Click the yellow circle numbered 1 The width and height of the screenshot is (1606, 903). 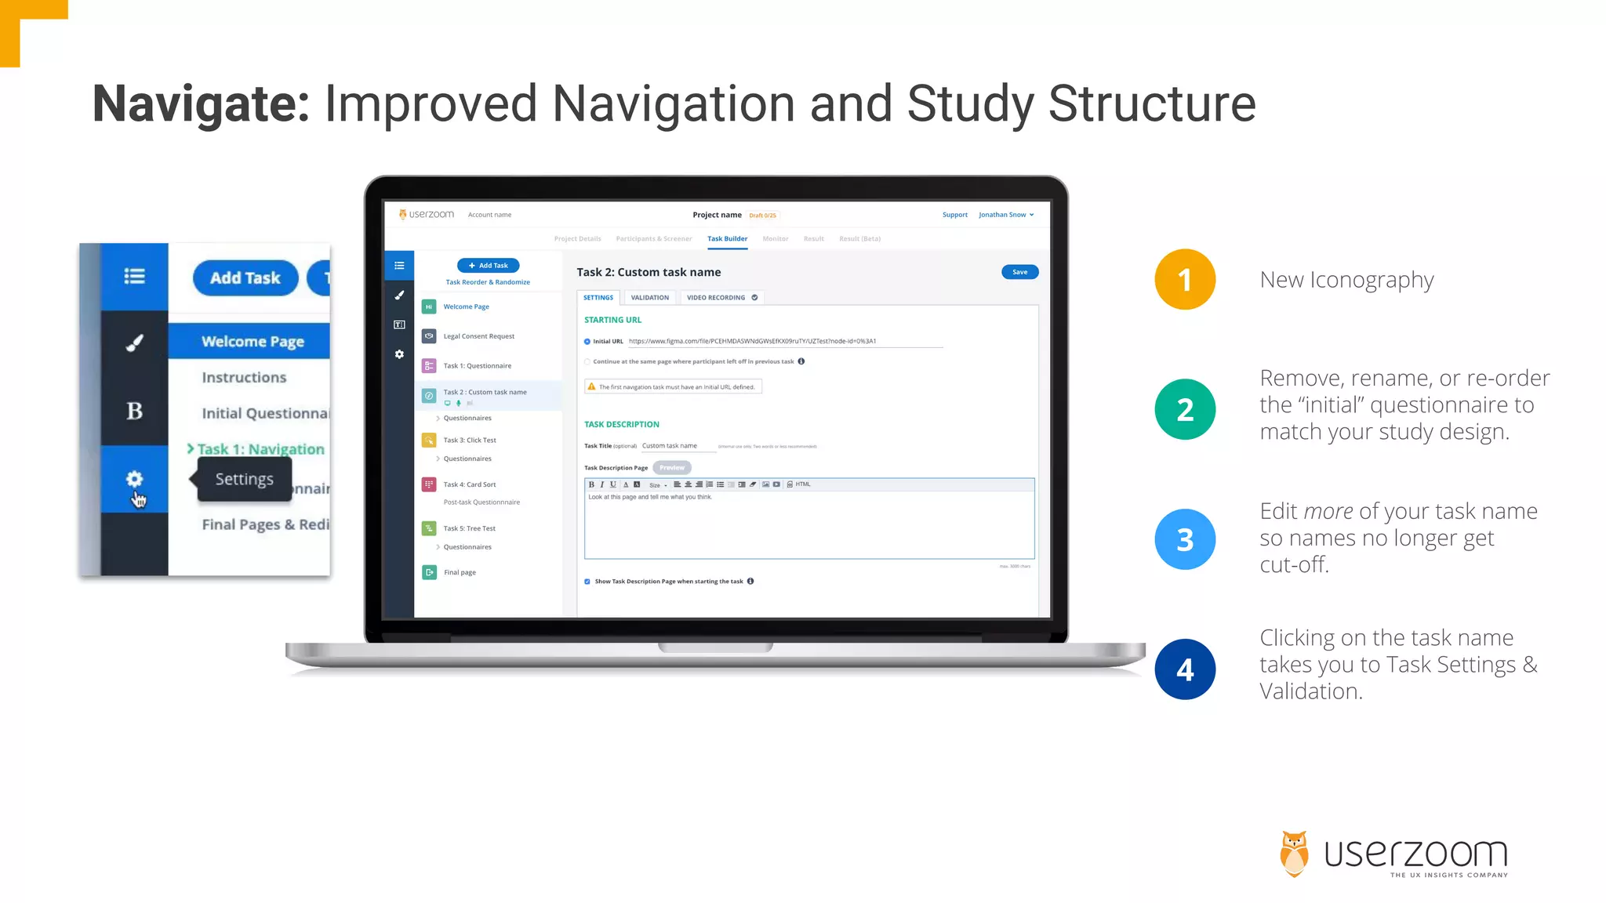[x=1184, y=280]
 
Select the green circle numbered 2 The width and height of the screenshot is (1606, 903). [x=1184, y=409]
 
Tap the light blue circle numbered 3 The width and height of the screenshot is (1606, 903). [x=1184, y=539]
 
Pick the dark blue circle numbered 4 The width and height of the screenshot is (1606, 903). [x=1184, y=669]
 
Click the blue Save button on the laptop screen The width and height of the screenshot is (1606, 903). [x=1019, y=272]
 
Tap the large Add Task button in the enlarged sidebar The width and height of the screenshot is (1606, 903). [x=245, y=278]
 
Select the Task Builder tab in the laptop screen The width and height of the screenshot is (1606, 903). [x=727, y=239]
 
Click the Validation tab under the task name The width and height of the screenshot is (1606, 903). [x=649, y=298]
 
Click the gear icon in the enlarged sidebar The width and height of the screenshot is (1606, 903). [x=135, y=479]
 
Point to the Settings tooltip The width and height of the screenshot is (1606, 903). [x=244, y=479]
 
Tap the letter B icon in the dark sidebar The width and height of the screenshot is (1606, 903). [x=135, y=411]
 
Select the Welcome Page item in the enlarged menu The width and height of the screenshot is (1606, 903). [x=253, y=342]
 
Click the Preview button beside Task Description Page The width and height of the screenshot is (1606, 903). [x=672, y=468]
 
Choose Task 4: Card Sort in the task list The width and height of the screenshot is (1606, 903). [x=470, y=484]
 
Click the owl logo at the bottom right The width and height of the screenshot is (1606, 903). [x=1294, y=854]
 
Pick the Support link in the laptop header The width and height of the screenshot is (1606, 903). [x=954, y=215]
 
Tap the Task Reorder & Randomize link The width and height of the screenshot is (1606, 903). [x=488, y=282]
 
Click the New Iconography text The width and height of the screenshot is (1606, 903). [x=1346, y=280]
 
